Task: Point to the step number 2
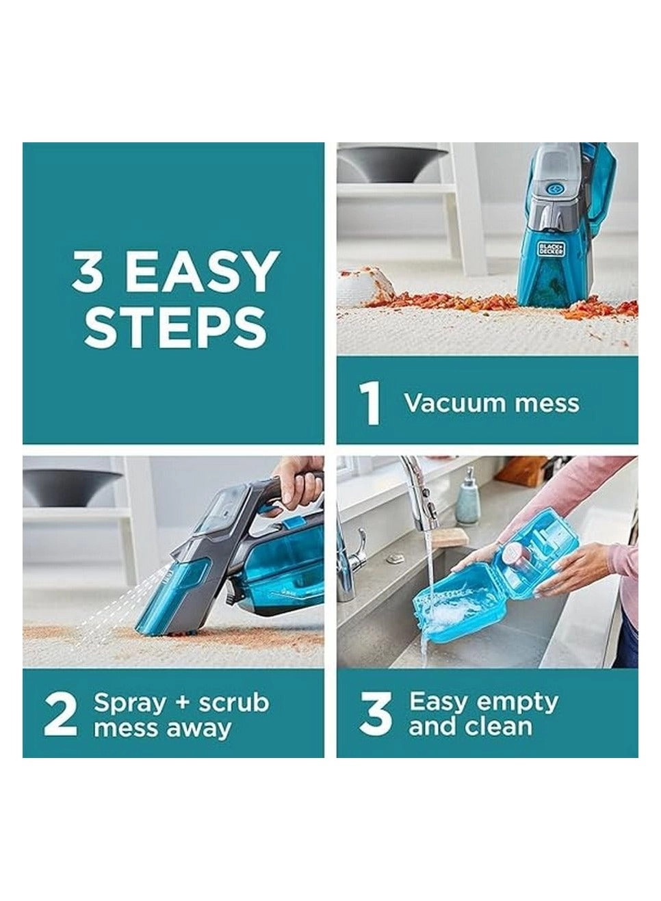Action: click(60, 714)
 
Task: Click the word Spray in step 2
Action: click(129, 703)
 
